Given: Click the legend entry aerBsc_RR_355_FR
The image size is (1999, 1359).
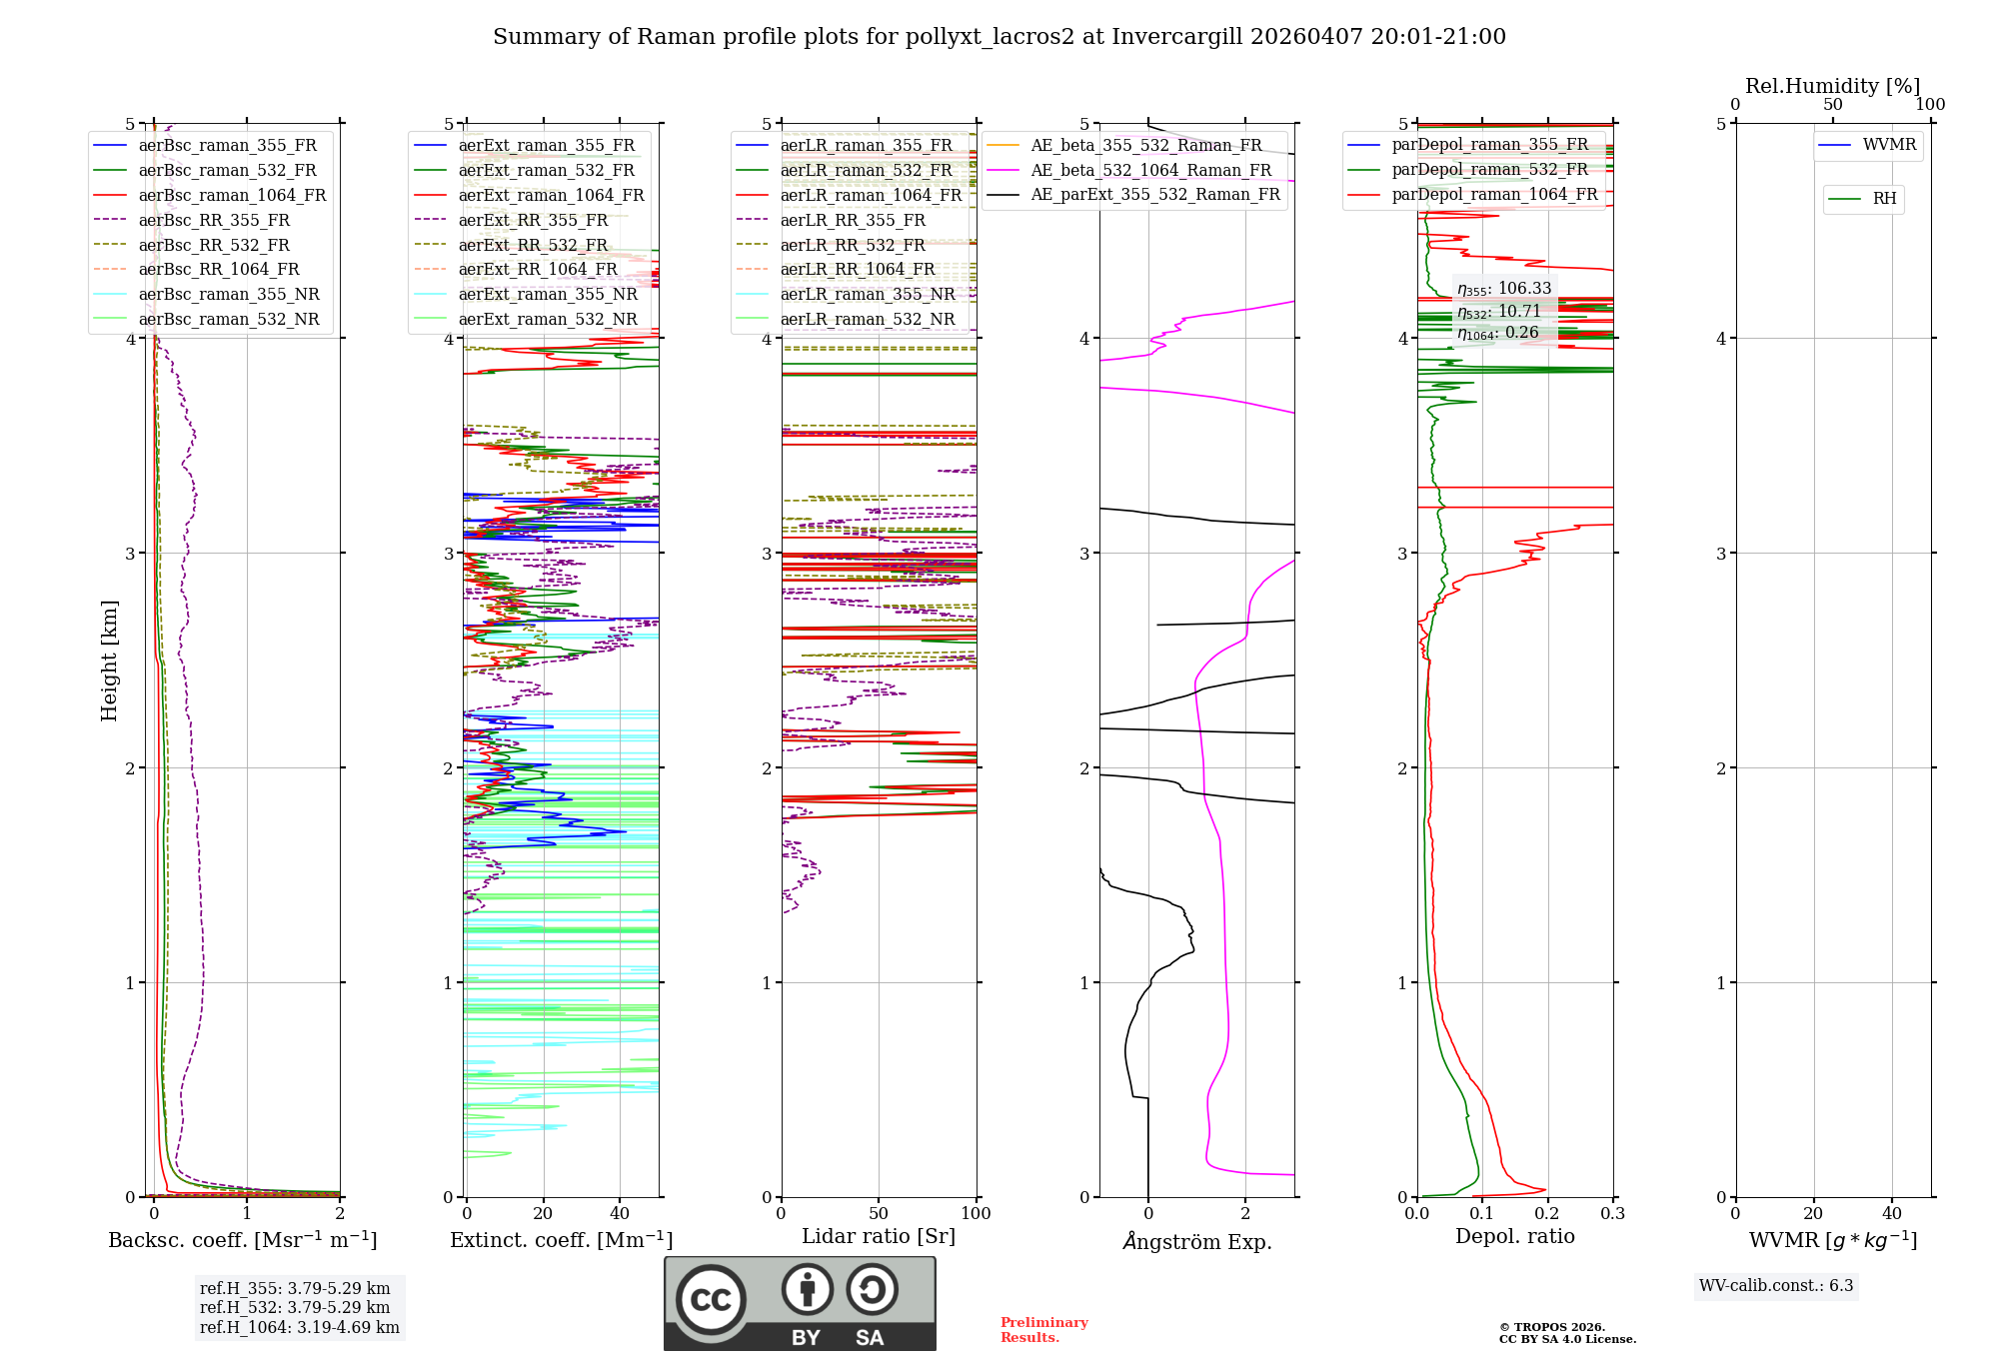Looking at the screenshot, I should [x=214, y=220].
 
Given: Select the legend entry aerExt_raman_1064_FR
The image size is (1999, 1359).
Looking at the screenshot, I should [x=551, y=195].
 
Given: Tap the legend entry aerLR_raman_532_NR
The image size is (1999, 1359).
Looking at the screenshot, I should [x=867, y=319].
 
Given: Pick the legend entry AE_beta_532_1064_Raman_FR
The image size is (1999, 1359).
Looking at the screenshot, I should [x=1150, y=170].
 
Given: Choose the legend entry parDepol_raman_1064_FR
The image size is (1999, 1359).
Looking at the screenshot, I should [x=1494, y=194].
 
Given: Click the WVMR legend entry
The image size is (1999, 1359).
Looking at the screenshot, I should [x=1889, y=145].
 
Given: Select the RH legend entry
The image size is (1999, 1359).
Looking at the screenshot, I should [x=1884, y=199].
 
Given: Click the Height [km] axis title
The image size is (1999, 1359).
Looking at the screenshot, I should [x=109, y=661].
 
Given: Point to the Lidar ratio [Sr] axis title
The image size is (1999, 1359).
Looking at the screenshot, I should [x=878, y=1236].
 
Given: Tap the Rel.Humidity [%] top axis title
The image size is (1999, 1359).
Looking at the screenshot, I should [x=1832, y=86].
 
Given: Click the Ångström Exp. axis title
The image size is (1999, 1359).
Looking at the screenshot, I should [x=1196, y=1241].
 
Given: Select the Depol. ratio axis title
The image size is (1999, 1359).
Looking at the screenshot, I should [x=1514, y=1236].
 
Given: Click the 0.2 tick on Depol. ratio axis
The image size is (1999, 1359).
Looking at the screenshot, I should [x=1547, y=1213].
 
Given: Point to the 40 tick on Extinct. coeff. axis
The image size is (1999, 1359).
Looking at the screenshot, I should [x=620, y=1213].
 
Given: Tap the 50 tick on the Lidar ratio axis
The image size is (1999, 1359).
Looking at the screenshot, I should [x=879, y=1213].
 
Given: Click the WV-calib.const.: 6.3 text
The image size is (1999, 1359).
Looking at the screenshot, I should [x=1775, y=1285].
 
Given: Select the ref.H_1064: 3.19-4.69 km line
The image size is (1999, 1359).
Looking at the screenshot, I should [x=299, y=1327].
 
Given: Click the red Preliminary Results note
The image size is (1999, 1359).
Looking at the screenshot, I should [x=1043, y=1329].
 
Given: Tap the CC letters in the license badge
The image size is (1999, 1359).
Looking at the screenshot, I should [x=711, y=1300].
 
